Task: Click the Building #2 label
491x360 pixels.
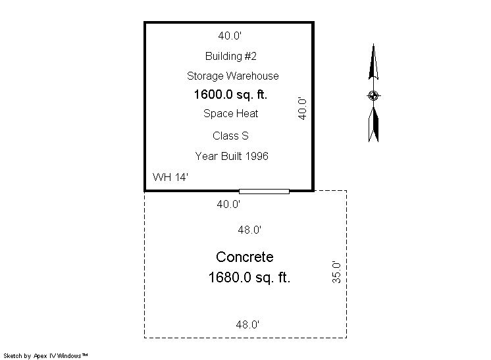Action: tap(231, 57)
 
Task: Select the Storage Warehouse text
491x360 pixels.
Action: tap(232, 76)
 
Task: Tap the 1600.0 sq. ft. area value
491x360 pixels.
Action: tap(230, 95)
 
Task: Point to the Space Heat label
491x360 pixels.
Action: tap(231, 113)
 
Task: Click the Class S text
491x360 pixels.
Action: tap(230, 136)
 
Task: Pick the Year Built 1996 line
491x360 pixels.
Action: tap(232, 156)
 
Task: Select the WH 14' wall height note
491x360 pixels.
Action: tap(170, 177)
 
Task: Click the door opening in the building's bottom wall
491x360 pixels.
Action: tap(264, 192)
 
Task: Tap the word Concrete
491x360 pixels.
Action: tap(245, 257)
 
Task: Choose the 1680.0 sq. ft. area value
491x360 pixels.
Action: tap(249, 277)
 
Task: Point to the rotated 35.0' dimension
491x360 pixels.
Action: tap(336, 272)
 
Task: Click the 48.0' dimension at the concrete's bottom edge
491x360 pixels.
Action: tap(247, 324)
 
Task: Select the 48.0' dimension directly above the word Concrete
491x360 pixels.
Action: tap(249, 230)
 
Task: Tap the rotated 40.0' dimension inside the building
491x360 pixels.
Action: tap(302, 109)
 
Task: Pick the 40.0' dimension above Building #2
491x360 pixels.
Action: tap(230, 36)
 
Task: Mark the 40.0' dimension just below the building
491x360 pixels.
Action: tap(228, 205)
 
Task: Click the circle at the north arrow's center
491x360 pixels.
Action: tap(373, 95)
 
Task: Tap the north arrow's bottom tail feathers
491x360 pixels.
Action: tap(373, 124)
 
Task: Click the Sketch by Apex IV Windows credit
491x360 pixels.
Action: tap(45, 356)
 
